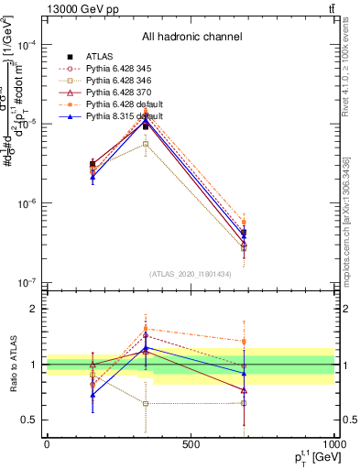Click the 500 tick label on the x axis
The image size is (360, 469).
pyautogui.click(x=191, y=444)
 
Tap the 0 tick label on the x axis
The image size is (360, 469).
pyautogui.click(x=47, y=444)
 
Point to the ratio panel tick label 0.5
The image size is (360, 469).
pyautogui.click(x=30, y=420)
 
